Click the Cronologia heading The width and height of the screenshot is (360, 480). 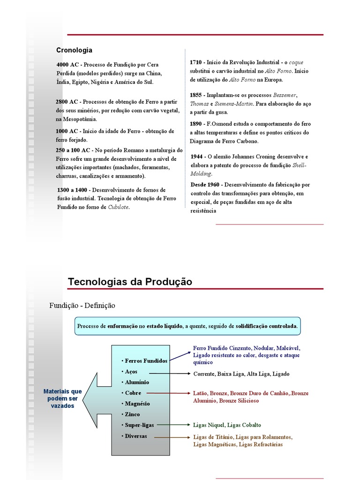coord(74,50)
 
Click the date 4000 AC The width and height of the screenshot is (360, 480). coord(67,64)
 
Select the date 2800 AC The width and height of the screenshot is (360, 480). coord(67,102)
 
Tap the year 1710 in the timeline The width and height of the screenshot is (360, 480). coord(196,62)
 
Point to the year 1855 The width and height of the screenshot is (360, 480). coord(196,95)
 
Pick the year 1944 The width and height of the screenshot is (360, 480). coord(197,157)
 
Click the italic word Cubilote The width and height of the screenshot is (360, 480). coord(119,207)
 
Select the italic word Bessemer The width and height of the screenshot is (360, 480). coord(285,95)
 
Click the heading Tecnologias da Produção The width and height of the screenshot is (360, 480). coord(130,282)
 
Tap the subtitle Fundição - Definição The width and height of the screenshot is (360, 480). coord(82,306)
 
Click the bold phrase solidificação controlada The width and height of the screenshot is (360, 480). coord(266,326)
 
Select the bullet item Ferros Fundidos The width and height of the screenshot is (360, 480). coord(146,361)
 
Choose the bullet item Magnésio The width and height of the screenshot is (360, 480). coord(139,404)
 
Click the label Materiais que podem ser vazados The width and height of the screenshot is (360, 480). coord(62,398)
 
